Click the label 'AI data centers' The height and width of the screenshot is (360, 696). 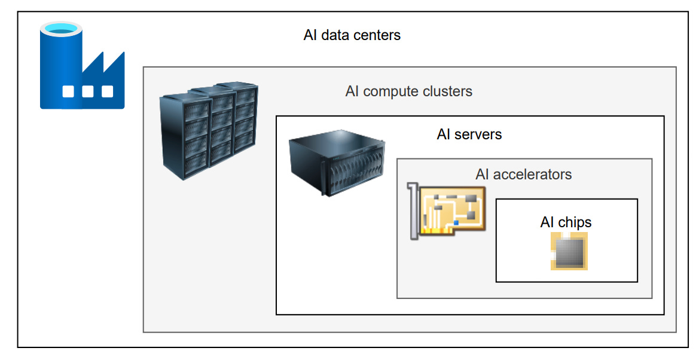pos(352,35)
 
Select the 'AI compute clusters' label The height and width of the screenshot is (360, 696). pos(408,91)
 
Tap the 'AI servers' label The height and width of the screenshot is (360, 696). pos(469,134)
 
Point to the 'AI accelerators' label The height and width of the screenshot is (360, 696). pos(523,175)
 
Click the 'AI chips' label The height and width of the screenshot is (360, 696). pos(566,222)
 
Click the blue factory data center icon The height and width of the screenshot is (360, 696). pos(81,66)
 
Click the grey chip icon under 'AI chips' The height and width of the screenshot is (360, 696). pos(569,251)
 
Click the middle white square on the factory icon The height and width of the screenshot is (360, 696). pos(88,91)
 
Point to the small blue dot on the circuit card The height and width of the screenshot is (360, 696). pos(456,222)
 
